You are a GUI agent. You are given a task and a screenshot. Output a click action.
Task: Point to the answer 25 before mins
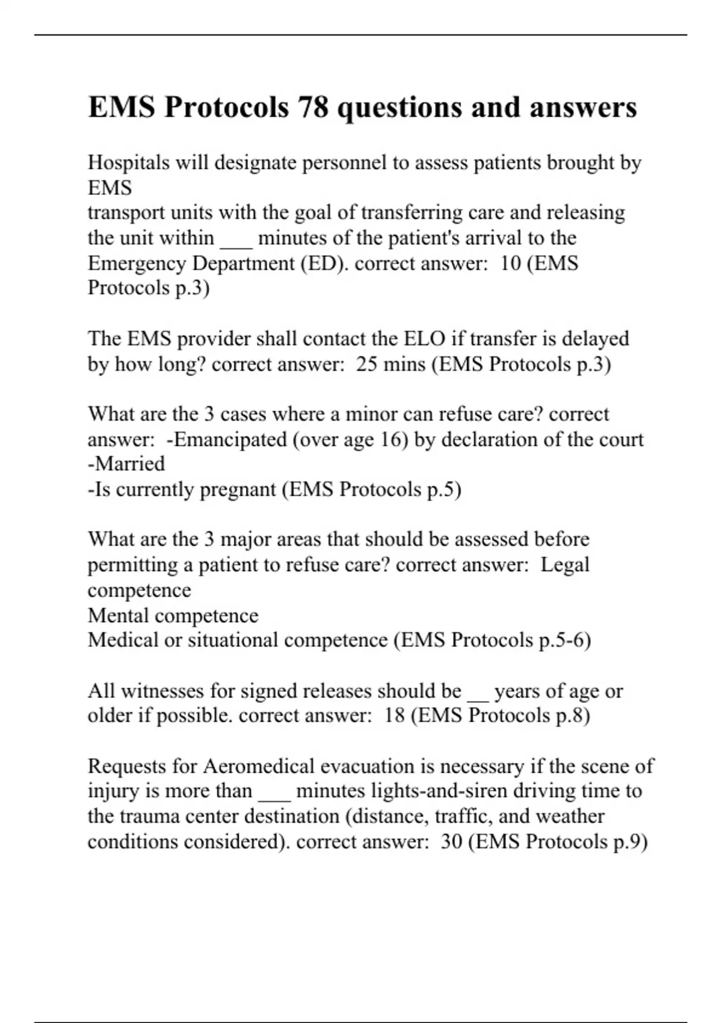click(x=366, y=364)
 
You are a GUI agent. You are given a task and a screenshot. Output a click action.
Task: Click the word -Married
click(x=126, y=464)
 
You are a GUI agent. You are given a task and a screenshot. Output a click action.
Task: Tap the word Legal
click(x=565, y=565)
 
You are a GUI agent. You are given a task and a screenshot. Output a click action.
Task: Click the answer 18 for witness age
click(x=394, y=715)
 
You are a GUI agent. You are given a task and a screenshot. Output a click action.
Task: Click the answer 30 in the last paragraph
click(x=451, y=841)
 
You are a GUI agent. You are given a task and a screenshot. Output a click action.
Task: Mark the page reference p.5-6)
click(x=565, y=640)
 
